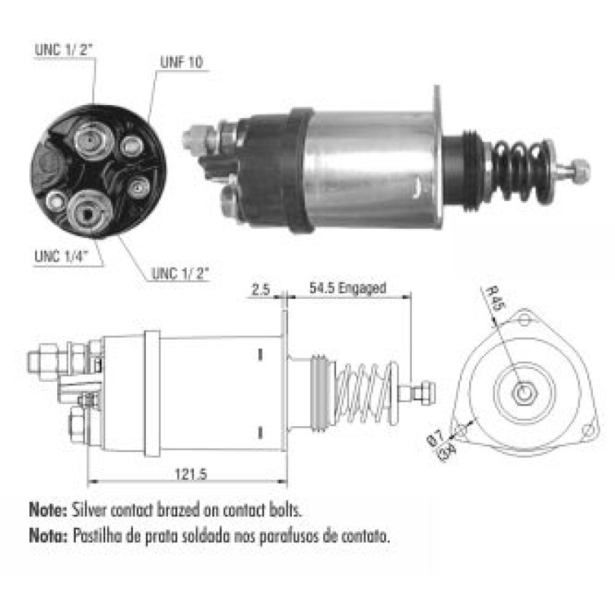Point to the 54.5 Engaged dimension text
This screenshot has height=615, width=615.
pyautogui.click(x=348, y=288)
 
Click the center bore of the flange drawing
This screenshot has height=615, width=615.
pyautogui.click(x=524, y=392)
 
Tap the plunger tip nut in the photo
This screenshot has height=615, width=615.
pyautogui.click(x=579, y=171)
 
